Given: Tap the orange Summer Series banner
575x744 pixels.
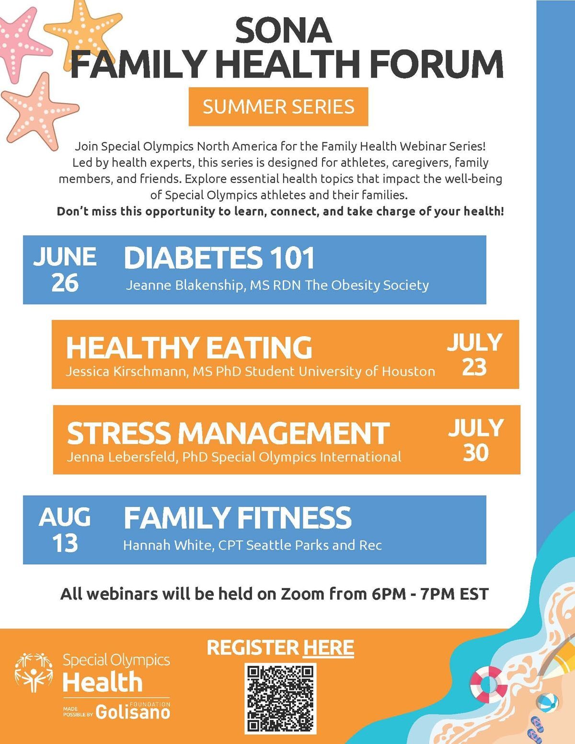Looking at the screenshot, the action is (x=278, y=106).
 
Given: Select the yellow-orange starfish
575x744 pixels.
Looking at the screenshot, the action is (x=83, y=32).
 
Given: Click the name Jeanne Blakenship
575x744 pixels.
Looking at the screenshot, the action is (x=184, y=285).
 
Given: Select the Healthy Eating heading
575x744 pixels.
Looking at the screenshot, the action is (x=189, y=347).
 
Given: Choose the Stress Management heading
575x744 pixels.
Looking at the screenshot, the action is (x=228, y=433).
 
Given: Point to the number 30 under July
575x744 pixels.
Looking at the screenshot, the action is (x=475, y=453).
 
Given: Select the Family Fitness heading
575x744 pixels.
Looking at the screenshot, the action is (x=238, y=518).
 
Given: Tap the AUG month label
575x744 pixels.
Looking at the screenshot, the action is (x=64, y=516).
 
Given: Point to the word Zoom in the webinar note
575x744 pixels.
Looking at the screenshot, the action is (x=302, y=594).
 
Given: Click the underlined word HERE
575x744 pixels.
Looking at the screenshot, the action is (x=328, y=648).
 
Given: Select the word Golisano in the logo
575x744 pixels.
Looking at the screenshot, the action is (x=133, y=712).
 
